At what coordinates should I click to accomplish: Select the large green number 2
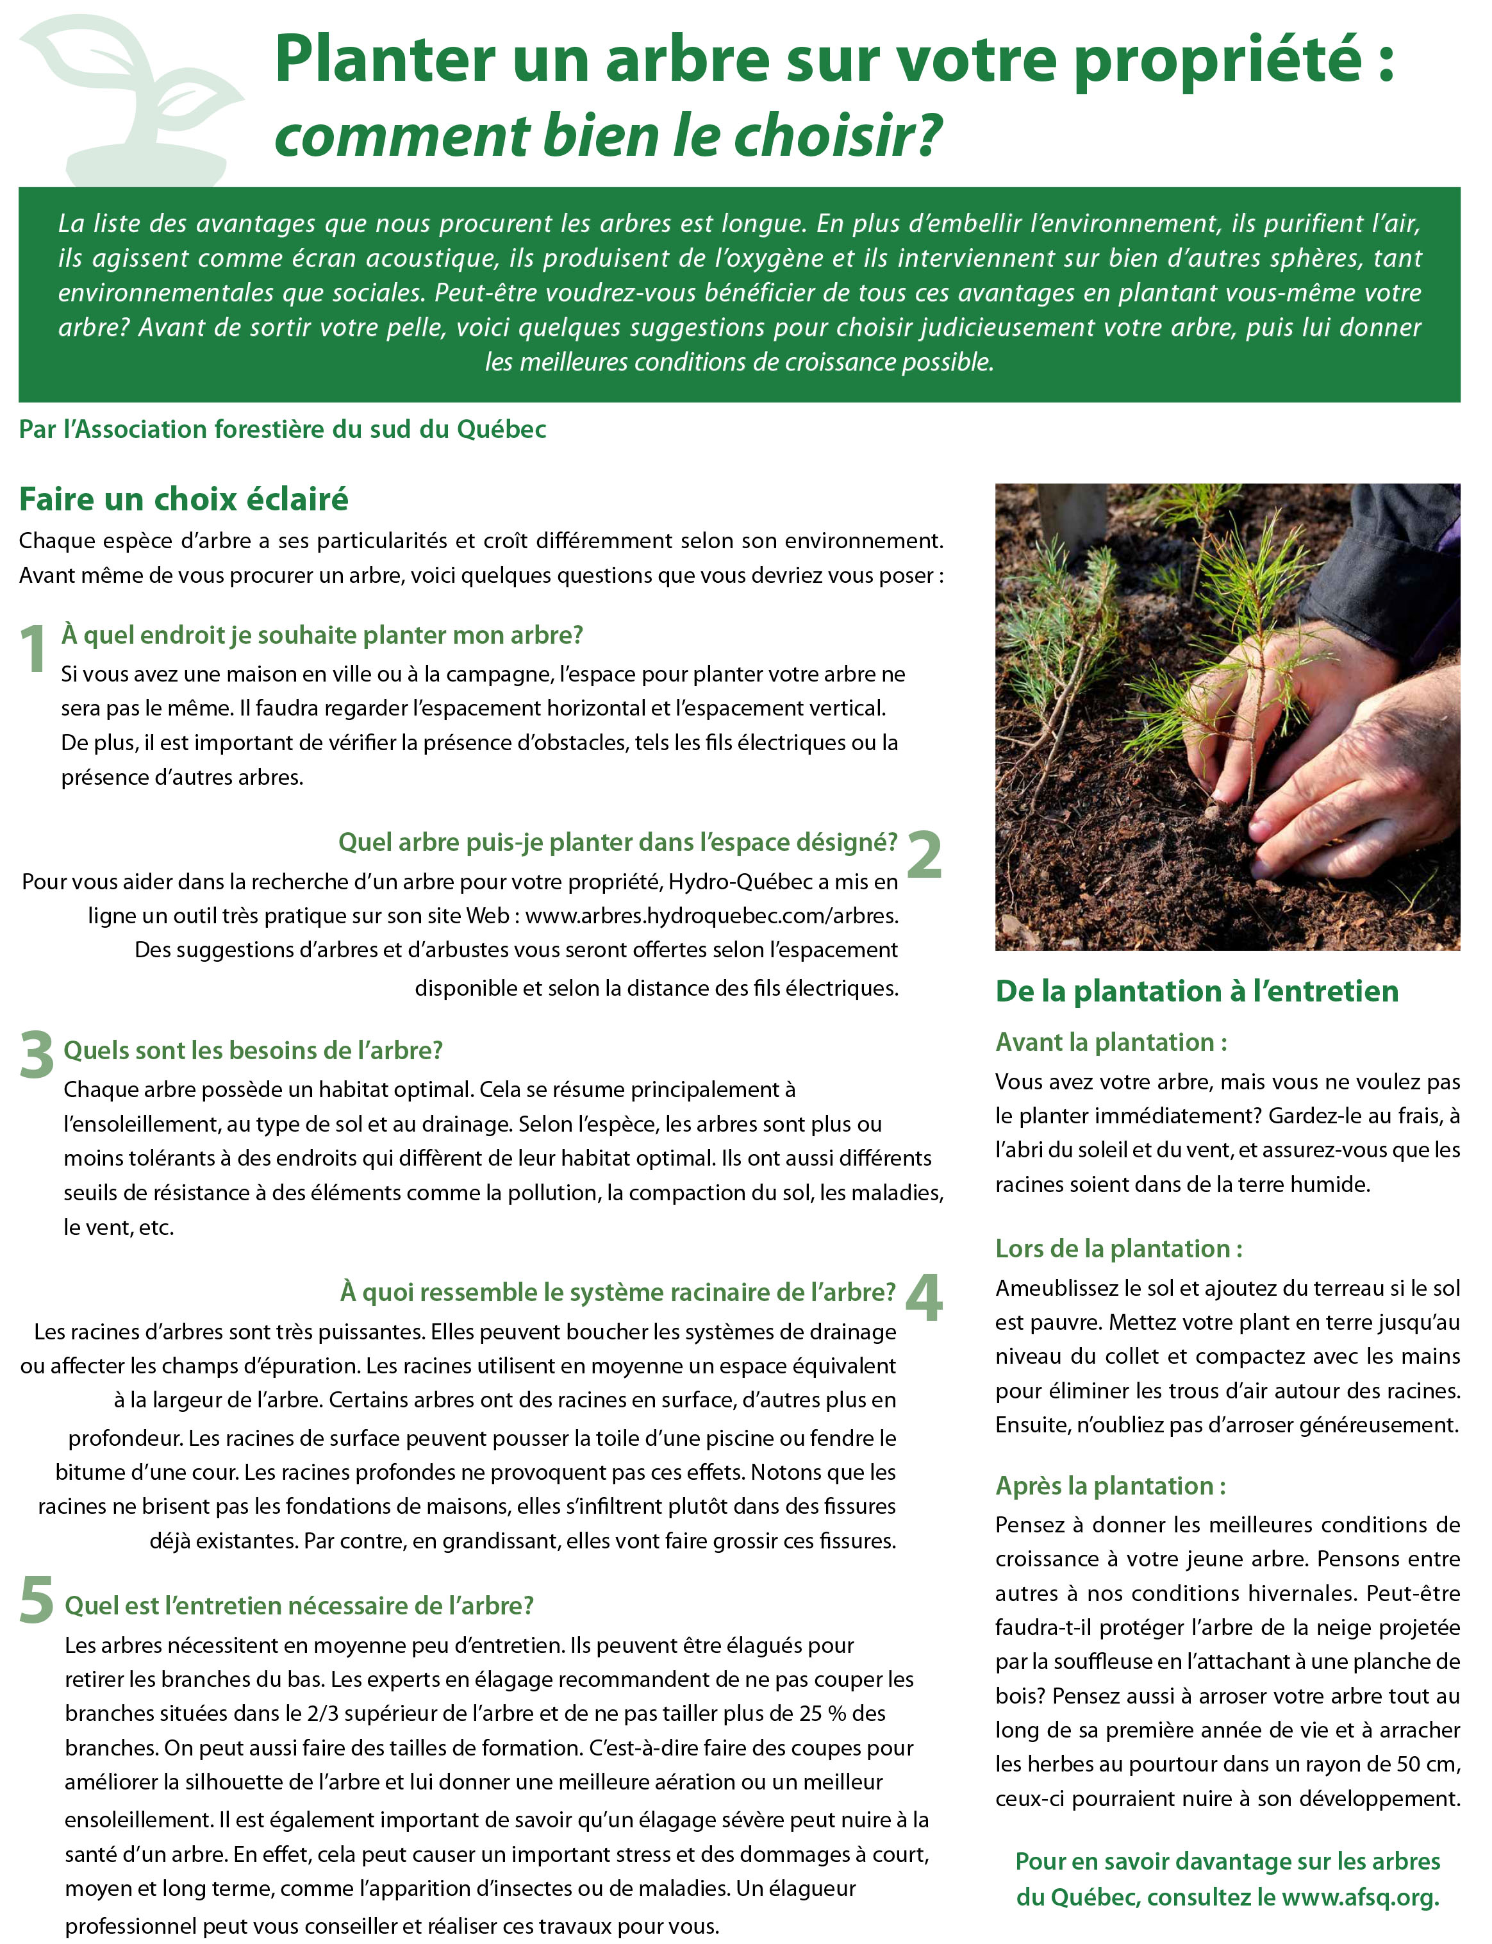click(x=925, y=854)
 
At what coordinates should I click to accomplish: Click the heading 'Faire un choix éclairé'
click(x=184, y=499)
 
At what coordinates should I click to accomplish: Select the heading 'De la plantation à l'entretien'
click(x=1197, y=991)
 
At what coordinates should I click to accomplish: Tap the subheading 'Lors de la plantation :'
click(x=1118, y=1248)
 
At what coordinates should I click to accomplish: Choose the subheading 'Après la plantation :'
click(x=1110, y=1486)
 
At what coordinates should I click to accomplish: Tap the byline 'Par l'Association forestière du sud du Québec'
click(x=283, y=429)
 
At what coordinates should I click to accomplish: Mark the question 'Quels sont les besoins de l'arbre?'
click(x=253, y=1050)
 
